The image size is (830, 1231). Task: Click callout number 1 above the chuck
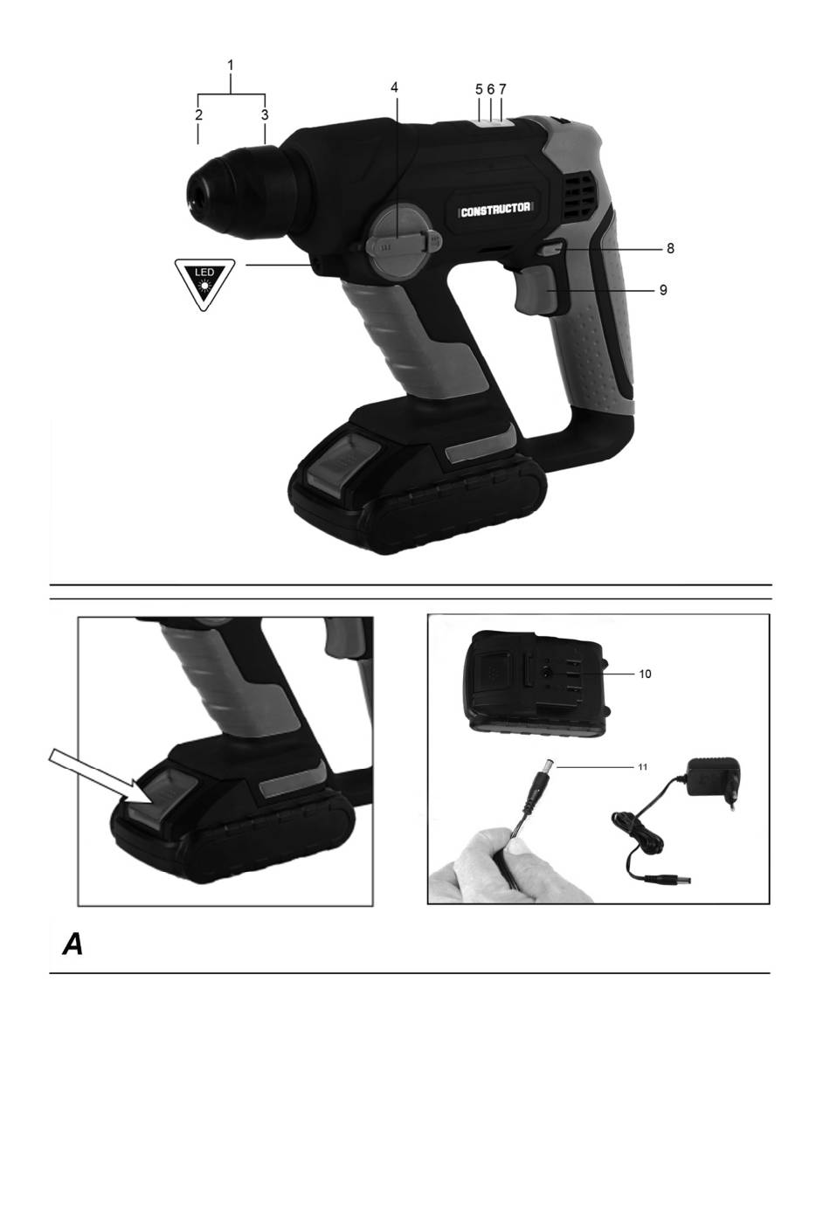coord(231,66)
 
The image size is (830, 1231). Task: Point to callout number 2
coord(198,114)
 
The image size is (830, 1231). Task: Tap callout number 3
coord(265,114)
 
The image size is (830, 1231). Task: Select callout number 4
coord(394,87)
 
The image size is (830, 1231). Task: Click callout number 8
coord(670,248)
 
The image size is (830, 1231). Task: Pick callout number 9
coord(663,289)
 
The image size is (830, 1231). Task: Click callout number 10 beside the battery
coord(645,674)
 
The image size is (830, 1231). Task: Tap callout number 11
coord(642,766)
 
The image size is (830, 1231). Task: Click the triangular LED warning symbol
coord(204,282)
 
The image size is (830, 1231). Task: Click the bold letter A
coord(73,944)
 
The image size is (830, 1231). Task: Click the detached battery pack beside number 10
coord(537,682)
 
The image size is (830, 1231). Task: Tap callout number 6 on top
coord(490,88)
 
